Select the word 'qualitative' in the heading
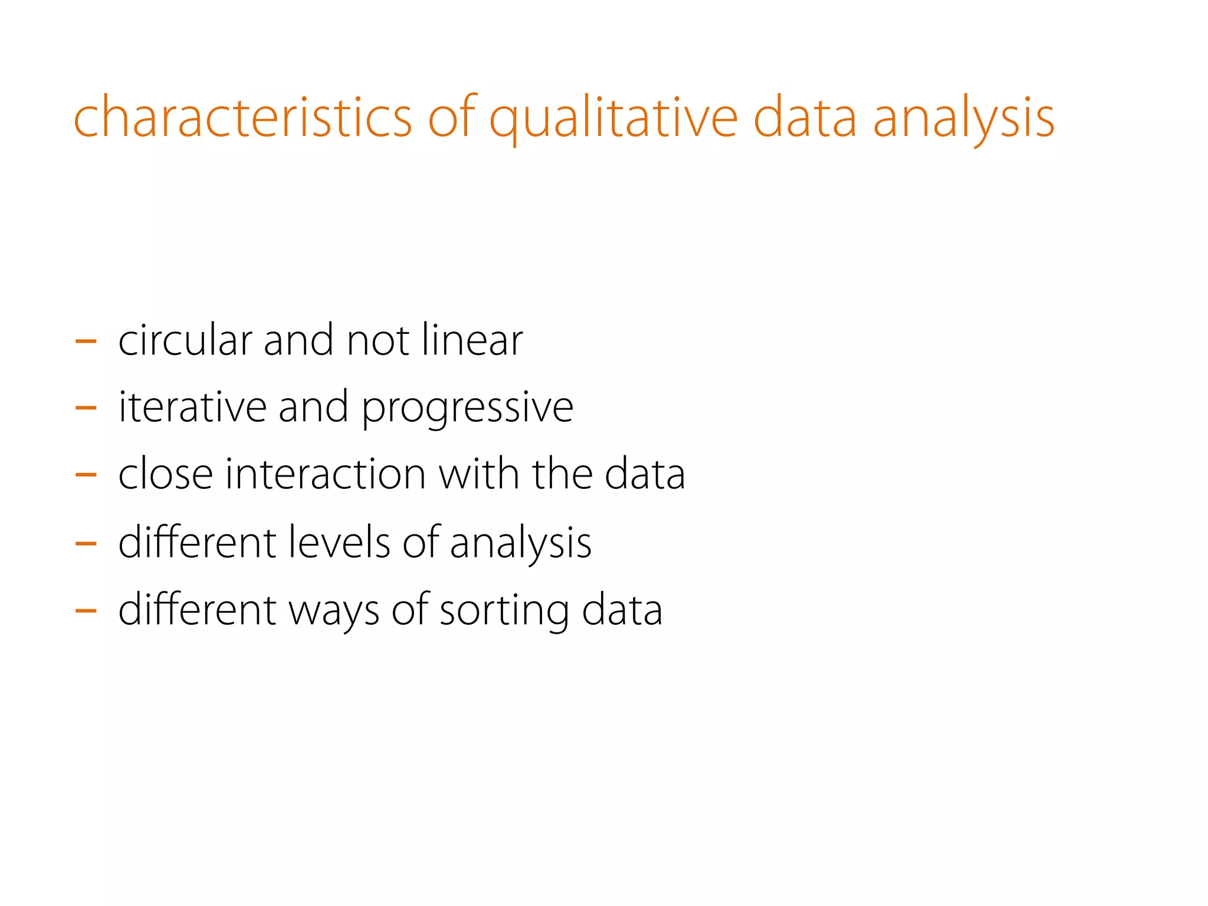[613, 118]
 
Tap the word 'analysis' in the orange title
[963, 118]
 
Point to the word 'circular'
[185, 340]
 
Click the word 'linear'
[472, 340]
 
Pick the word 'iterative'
[192, 407]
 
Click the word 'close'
[165, 474]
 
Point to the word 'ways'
[334, 611]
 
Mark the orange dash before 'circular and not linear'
[86, 341]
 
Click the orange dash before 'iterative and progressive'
[86, 408]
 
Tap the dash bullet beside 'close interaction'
[86, 474]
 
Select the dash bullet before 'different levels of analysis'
[86, 542]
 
